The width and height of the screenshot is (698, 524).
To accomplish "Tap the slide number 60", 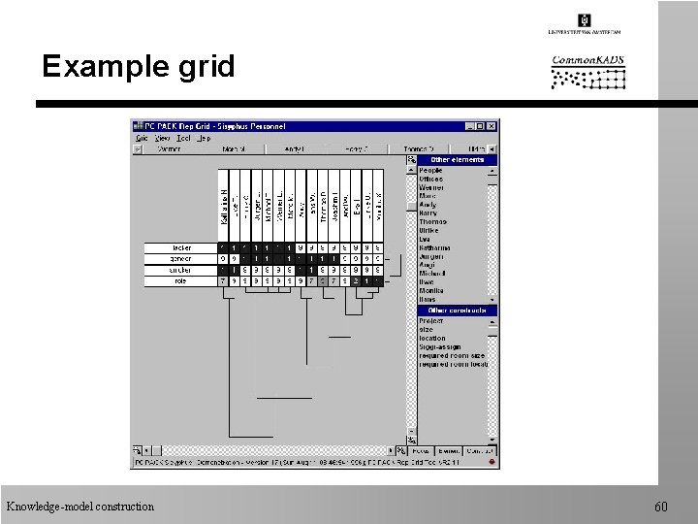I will coord(661,507).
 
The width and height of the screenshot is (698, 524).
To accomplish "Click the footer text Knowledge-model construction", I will coord(79,507).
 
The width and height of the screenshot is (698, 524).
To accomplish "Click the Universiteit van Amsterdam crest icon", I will coord(584,20).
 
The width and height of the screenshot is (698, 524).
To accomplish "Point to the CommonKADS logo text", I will coord(588,60).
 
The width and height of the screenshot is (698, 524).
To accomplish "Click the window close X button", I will coord(492,126).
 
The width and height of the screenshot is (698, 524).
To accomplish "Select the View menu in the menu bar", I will coord(163,138).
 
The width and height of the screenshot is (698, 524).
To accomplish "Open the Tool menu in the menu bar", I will coord(183,138).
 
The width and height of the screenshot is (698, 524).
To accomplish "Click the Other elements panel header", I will coord(457,160).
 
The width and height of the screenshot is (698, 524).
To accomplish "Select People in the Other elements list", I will coord(430,171).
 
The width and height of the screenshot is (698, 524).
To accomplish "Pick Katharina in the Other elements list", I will coord(434,247).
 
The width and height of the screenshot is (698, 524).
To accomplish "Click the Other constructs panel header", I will coord(457,311).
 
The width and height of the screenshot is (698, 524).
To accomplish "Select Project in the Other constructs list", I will coord(431,321).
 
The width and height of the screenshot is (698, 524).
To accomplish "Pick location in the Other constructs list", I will coord(432,339).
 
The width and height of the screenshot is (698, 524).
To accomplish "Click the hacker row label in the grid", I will coord(181,248).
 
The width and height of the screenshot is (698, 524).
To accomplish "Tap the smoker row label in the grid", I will coord(181,271).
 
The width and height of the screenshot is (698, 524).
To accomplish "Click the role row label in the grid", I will coord(181,281).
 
